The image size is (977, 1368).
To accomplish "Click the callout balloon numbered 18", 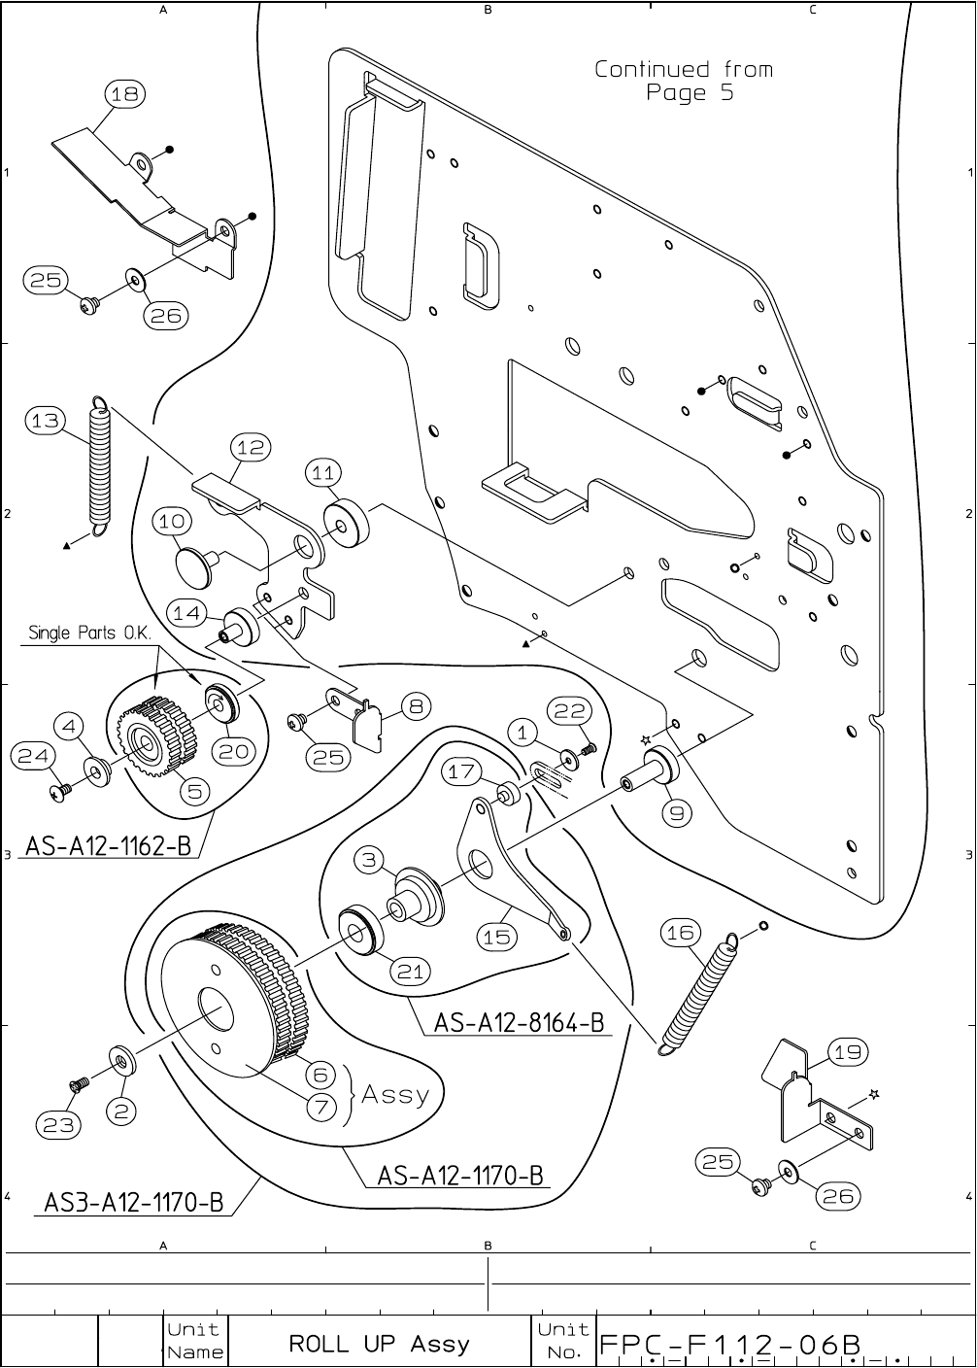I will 124,94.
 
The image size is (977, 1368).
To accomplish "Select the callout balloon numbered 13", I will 45,421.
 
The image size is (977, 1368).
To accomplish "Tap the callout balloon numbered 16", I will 681,933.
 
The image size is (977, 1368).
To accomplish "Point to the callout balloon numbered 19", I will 848,1051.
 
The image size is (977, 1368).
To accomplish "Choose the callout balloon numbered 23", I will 57,1125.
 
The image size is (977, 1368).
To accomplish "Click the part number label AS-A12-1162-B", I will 108,845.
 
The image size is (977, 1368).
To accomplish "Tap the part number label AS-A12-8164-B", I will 519,1022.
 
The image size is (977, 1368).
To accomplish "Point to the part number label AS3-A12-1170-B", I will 134,1202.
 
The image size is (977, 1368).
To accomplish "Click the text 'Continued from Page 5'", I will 684,81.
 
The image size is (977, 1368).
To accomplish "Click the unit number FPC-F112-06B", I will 730,1345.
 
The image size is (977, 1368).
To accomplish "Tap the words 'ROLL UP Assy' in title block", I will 379,1345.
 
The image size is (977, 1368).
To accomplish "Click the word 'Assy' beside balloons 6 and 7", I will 395,1095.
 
